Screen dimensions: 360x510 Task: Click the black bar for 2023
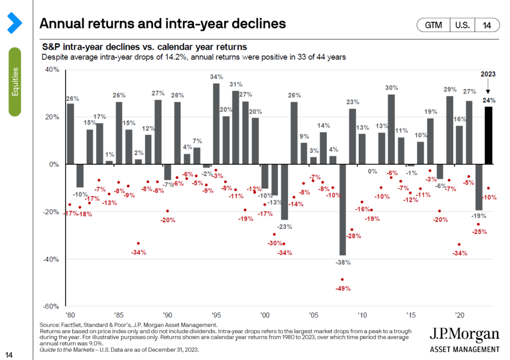click(488, 135)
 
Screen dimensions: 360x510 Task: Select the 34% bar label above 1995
click(216, 77)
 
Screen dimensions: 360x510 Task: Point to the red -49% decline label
click(343, 288)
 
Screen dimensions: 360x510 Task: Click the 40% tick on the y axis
click(51, 70)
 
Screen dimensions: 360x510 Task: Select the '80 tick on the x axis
click(70, 315)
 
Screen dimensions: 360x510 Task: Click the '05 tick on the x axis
click(314, 315)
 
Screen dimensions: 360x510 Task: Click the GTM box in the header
click(434, 25)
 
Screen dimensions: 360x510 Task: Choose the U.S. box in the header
click(462, 25)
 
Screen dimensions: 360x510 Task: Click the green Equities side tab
click(14, 82)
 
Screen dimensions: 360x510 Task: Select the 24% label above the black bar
click(488, 100)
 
